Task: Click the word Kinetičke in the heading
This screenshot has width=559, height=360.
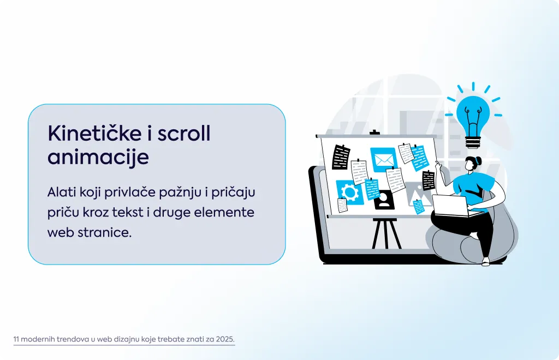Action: tap(94, 133)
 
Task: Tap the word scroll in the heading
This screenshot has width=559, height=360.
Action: tap(184, 133)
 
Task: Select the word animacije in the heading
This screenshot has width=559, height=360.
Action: tap(98, 157)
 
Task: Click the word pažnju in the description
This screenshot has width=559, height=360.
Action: tap(180, 193)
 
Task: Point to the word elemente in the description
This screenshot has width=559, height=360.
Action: tap(224, 212)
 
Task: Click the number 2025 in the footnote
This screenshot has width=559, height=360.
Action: tap(226, 339)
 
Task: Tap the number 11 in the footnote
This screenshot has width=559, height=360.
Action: tap(16, 339)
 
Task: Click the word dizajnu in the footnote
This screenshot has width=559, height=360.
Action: tap(127, 339)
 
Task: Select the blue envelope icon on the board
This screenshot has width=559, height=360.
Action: tap(383, 159)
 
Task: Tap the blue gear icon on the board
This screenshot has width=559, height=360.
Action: tap(350, 193)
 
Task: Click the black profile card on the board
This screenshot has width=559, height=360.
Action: tap(384, 201)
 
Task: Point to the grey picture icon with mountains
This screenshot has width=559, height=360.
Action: tap(415, 194)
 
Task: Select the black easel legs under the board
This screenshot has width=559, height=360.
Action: tap(386, 233)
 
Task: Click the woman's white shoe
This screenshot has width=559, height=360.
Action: tap(486, 262)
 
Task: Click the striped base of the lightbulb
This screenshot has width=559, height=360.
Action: tap(473, 142)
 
